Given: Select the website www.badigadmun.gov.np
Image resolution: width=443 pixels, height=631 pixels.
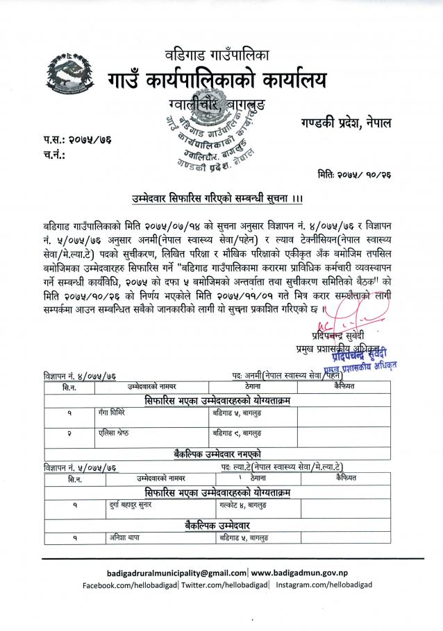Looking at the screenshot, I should pyautogui.click(x=301, y=573).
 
